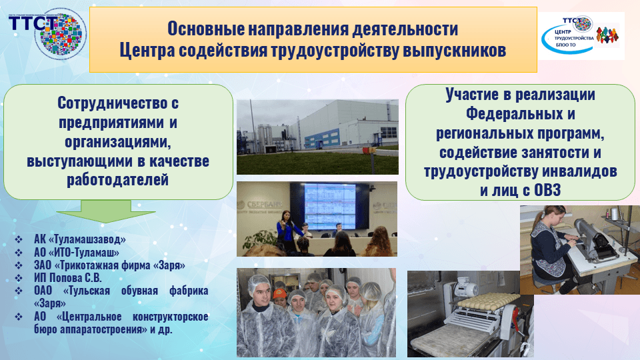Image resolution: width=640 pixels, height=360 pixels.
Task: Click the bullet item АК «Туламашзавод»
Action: pyautogui.click(x=79, y=239)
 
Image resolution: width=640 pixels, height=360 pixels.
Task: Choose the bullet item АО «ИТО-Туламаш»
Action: pyautogui.click(x=76, y=252)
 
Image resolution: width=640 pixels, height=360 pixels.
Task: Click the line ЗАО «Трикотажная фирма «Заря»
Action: pyautogui.click(x=109, y=265)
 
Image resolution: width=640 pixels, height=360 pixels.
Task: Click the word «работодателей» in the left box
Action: pyautogui.click(x=118, y=180)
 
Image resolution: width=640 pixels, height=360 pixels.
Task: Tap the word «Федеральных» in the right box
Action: pyautogui.click(x=520, y=114)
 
